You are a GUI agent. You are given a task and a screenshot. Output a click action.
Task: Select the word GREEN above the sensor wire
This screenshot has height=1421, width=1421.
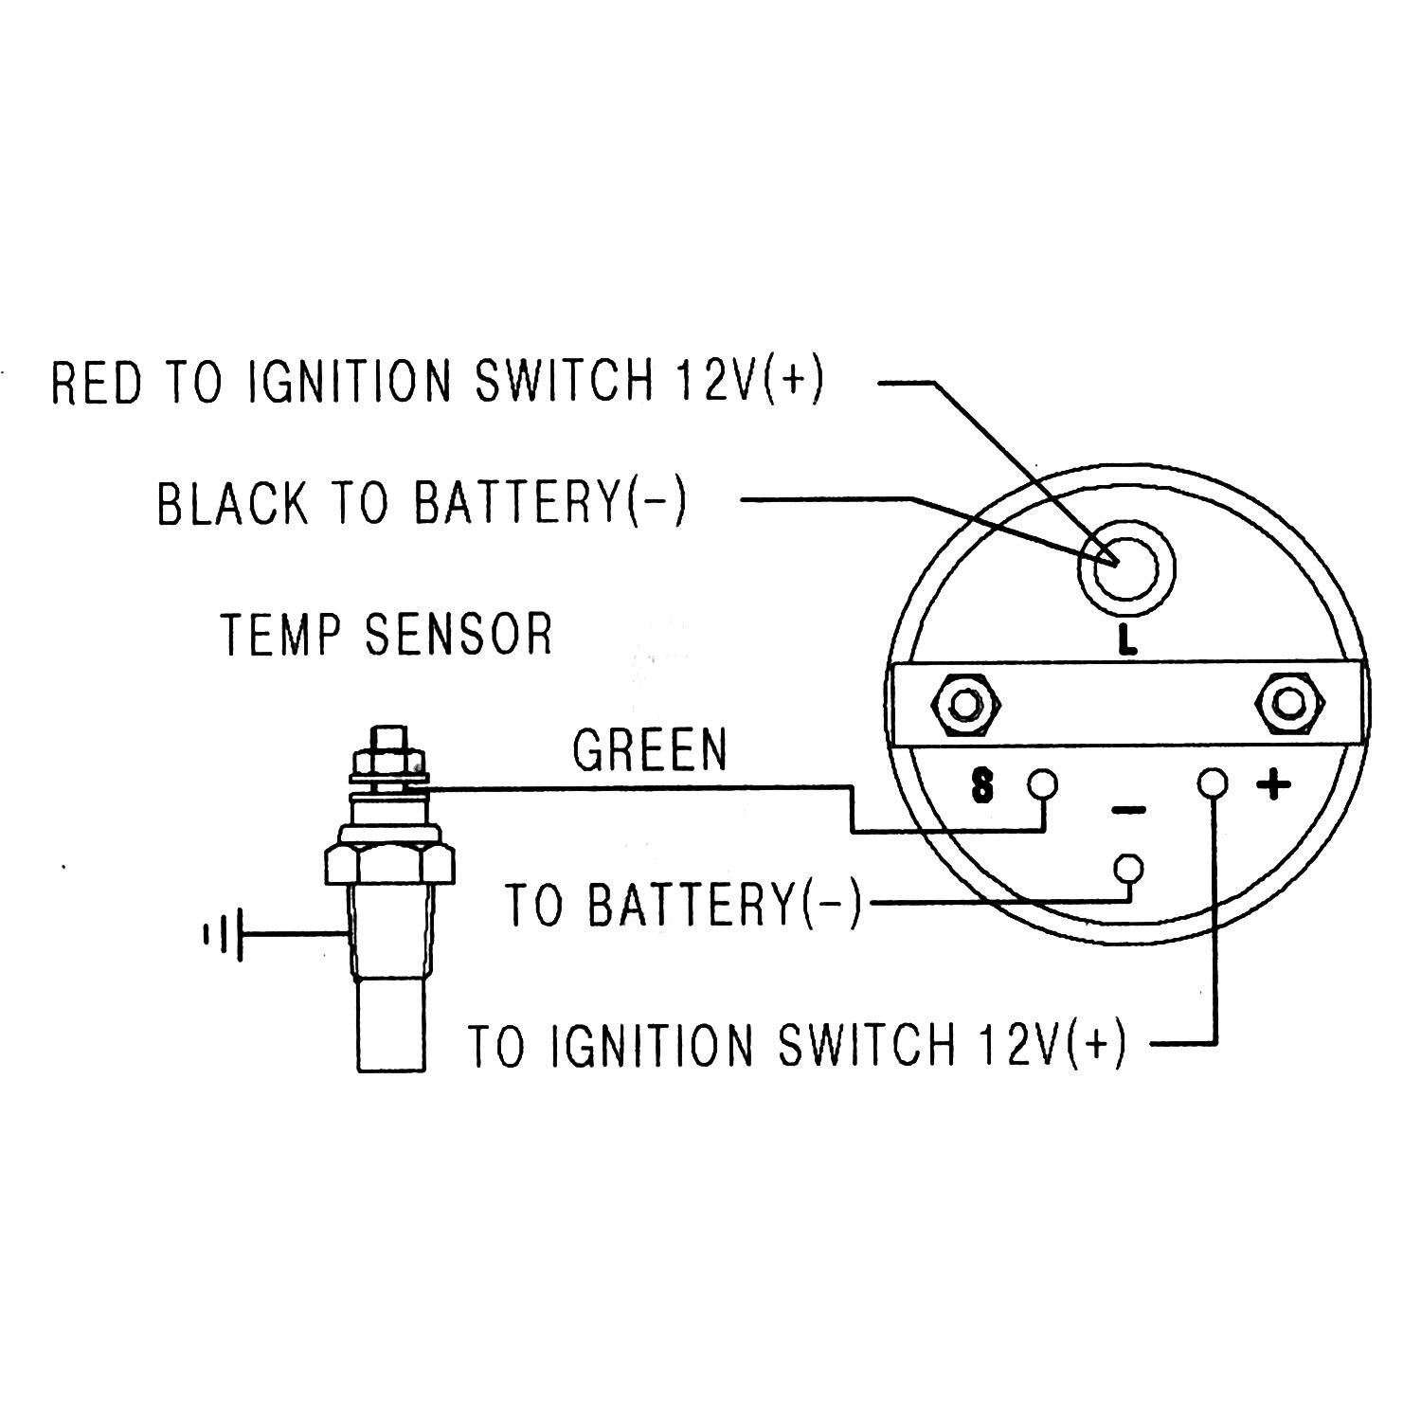pos(650,749)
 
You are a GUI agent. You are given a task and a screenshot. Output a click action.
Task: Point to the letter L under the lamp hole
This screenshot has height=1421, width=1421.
pos(1126,642)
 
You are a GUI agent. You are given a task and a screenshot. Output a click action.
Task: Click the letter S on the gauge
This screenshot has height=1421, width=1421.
pos(983,786)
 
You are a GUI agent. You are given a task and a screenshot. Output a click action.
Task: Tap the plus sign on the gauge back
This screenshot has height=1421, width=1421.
pos(1274,784)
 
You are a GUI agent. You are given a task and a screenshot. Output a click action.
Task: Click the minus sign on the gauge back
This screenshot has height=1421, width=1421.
pos(1127,810)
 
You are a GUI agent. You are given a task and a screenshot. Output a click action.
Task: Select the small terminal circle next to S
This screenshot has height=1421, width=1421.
pos(1043,784)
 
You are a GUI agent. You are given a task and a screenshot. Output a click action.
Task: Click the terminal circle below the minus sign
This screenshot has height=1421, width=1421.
pos(1128,868)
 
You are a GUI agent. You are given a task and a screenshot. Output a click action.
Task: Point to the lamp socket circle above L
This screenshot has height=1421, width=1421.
pos(1126,570)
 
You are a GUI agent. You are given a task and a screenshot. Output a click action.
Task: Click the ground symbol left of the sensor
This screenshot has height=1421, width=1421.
pos(224,935)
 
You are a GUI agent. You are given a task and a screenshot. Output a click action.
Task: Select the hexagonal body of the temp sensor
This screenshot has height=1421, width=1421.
pos(389,862)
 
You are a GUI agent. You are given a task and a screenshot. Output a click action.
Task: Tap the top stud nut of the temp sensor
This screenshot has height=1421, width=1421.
pos(388,750)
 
